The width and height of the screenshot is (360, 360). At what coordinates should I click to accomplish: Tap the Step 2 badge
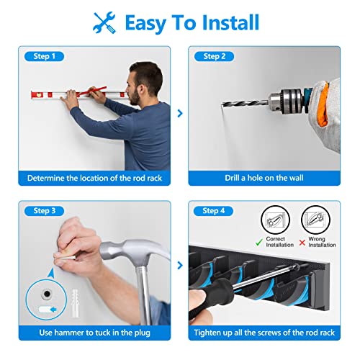[215, 56]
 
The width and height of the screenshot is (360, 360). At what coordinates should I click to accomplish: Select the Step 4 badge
[215, 210]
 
